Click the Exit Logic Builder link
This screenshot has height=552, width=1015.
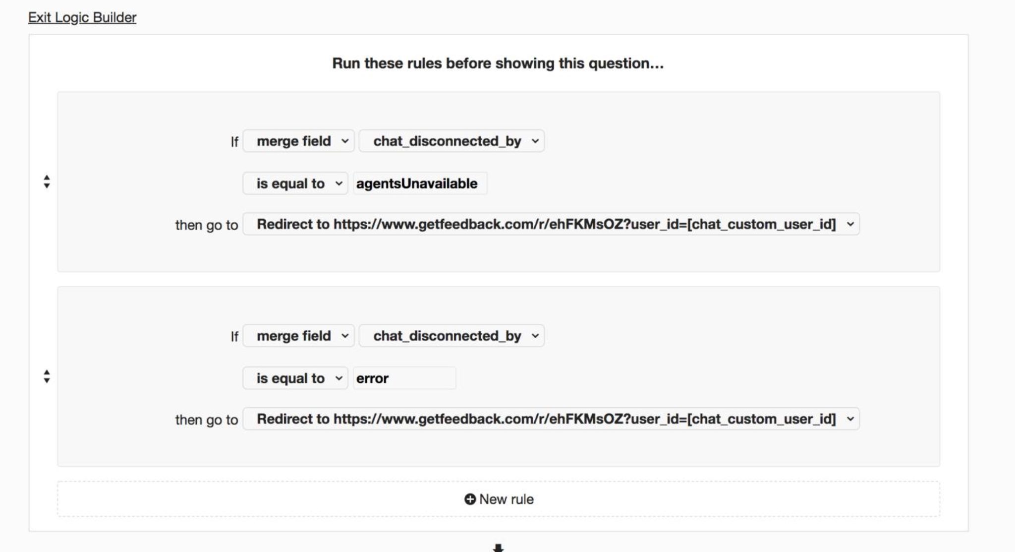click(x=82, y=17)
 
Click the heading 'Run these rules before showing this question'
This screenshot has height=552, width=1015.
click(x=498, y=63)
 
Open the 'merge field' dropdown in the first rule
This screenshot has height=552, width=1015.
click(x=298, y=141)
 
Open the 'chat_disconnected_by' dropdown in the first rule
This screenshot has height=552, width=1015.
click(x=451, y=141)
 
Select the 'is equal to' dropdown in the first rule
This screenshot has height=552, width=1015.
click(x=295, y=184)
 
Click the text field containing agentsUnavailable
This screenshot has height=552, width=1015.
click(x=420, y=184)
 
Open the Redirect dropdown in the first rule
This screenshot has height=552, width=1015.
click(x=551, y=224)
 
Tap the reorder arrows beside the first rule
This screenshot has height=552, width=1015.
click(x=47, y=182)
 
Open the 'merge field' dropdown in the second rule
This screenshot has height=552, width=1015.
click(x=298, y=336)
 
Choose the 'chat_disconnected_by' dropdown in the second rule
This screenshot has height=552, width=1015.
click(x=451, y=336)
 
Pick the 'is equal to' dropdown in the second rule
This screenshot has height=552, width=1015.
click(x=295, y=378)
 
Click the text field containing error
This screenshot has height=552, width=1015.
click(x=404, y=378)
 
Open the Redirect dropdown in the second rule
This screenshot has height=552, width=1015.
click(x=551, y=419)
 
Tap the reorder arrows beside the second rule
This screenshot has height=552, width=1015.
click(x=47, y=376)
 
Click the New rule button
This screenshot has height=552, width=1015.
click(x=499, y=499)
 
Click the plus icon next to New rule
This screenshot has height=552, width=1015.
click(x=470, y=499)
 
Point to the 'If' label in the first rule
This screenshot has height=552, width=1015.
click(x=234, y=142)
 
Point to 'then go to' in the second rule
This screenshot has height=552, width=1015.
click(x=207, y=420)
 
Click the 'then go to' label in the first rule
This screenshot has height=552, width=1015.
click(x=207, y=225)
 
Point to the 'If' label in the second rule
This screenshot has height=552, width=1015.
click(x=234, y=337)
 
